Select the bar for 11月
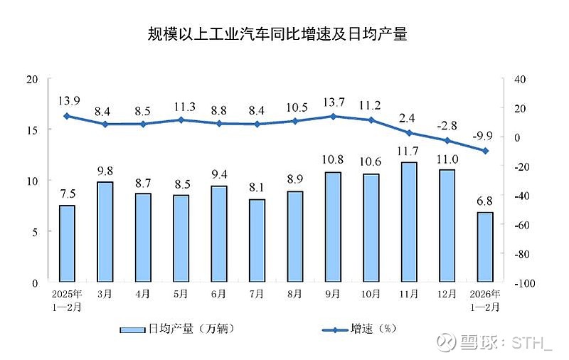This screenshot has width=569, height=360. click(409, 222)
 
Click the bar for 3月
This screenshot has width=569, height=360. click(105, 232)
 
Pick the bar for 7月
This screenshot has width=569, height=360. click(257, 240)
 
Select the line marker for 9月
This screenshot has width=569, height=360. click(333, 116)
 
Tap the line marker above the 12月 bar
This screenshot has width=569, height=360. click(447, 141)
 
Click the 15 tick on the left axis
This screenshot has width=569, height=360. click(32, 129)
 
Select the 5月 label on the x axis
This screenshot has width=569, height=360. click(181, 294)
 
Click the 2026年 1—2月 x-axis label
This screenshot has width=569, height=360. click(485, 300)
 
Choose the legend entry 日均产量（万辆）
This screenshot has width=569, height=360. click(178, 329)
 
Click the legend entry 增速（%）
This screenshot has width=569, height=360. click(358, 329)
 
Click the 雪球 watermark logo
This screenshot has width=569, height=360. click(445, 343)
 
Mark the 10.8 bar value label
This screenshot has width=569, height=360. click(333, 160)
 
